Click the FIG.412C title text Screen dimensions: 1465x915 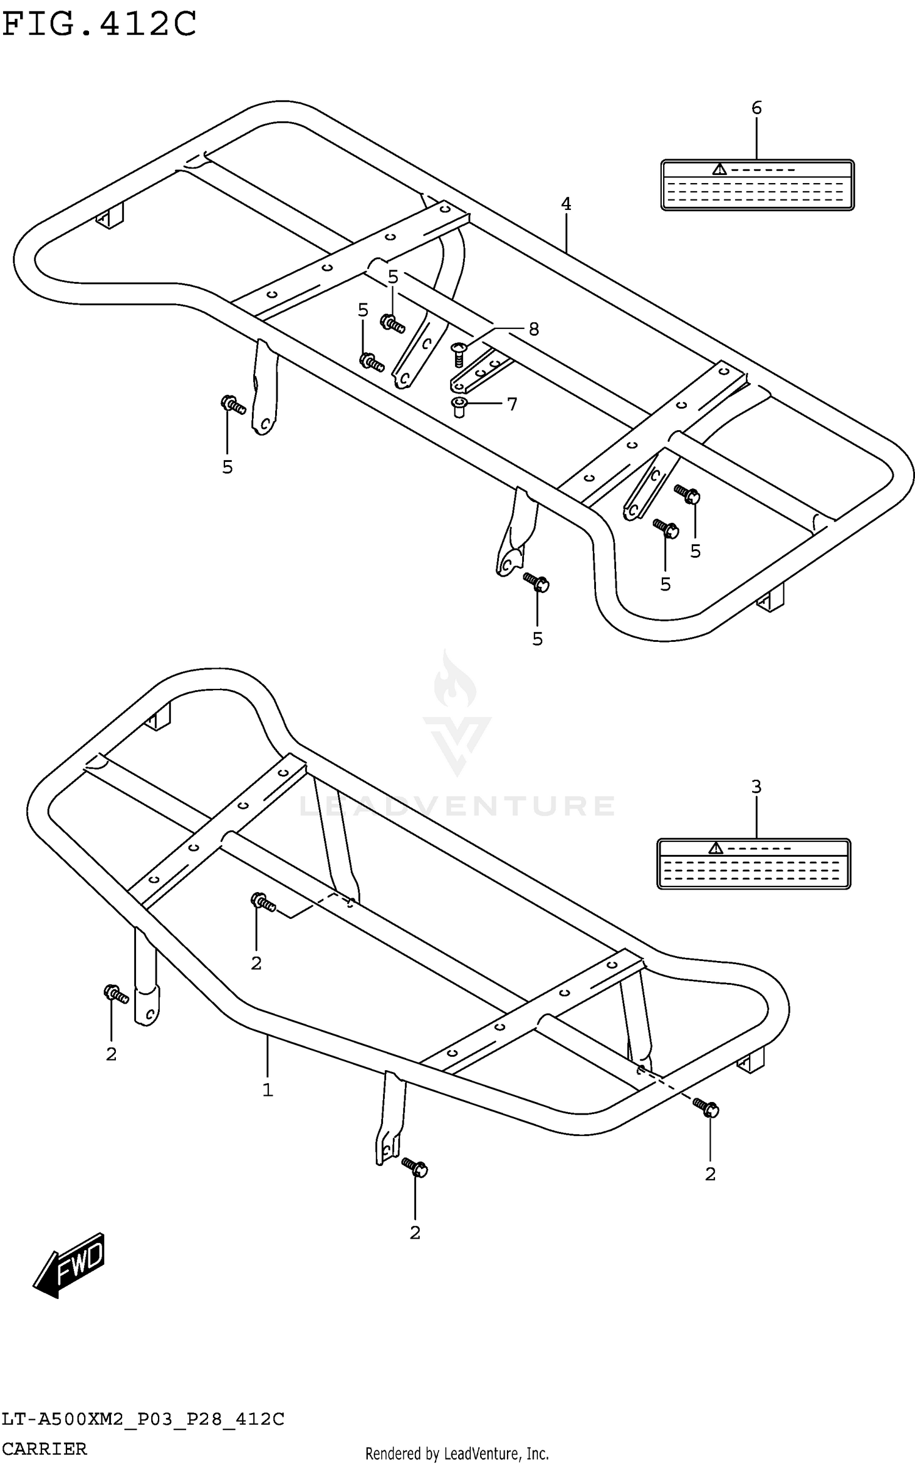[99, 24]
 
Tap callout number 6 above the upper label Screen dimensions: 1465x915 [756, 108]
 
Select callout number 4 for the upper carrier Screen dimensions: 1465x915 [566, 204]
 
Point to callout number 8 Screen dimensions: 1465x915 [534, 329]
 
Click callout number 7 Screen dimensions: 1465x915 [512, 404]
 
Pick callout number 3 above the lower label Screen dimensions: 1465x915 [756, 787]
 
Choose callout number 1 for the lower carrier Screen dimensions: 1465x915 [267, 1090]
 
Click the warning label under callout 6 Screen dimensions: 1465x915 [757, 185]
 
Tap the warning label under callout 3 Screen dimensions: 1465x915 [753, 864]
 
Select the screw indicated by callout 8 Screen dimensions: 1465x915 [459, 355]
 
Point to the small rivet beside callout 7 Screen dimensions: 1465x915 [459, 406]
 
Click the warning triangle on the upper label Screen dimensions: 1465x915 [720, 169]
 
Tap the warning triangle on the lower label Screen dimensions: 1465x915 [716, 848]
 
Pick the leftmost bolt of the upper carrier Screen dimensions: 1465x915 [232, 405]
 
